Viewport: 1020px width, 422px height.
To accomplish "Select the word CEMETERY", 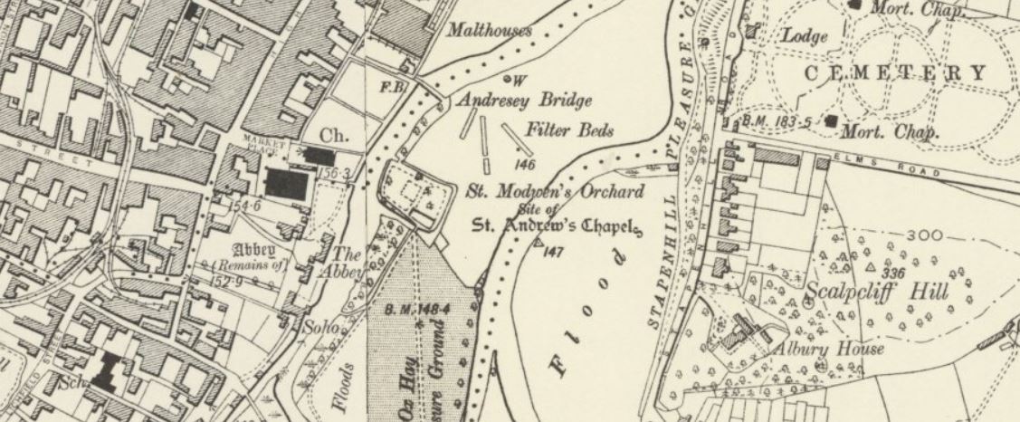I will click(892, 73).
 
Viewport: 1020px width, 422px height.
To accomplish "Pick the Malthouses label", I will click(490, 30).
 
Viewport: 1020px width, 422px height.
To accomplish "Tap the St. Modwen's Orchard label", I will click(554, 192).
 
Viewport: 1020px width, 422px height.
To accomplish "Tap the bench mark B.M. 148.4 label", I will click(417, 310).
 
